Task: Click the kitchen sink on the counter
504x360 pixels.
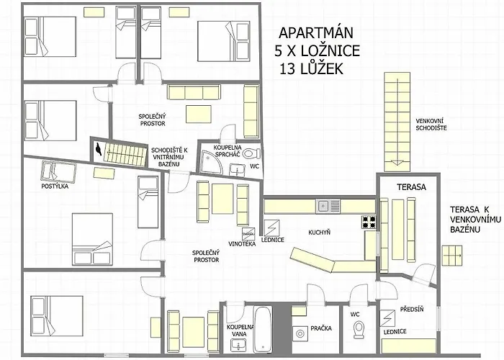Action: (328, 206)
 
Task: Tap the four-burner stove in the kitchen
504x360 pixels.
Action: (369, 222)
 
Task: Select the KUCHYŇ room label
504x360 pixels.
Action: (319, 232)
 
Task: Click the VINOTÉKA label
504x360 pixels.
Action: (242, 244)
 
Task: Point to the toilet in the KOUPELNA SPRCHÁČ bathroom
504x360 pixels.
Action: (251, 153)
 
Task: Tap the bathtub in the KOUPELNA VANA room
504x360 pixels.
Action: (263, 330)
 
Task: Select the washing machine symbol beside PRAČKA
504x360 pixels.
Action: (300, 333)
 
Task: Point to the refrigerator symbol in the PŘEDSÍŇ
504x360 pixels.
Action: (387, 318)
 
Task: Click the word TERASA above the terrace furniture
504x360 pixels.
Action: (411, 186)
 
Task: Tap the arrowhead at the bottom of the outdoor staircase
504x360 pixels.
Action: (397, 162)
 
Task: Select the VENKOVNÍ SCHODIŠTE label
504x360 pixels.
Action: (431, 125)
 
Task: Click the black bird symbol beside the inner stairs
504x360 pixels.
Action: (99, 149)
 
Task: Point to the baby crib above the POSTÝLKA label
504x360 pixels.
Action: (59, 171)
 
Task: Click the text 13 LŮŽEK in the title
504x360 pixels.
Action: (311, 69)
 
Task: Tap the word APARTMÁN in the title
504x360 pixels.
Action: (316, 33)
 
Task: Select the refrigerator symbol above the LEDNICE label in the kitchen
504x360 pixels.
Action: (271, 228)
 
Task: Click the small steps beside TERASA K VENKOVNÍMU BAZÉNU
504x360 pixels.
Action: (452, 256)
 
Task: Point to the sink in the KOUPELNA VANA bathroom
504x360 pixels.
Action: (238, 346)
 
